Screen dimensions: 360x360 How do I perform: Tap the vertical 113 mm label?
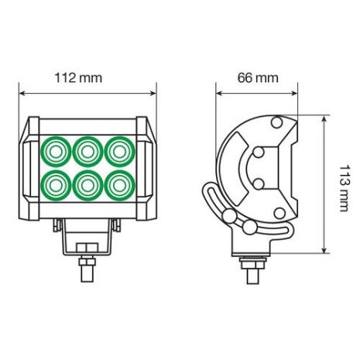tap(338, 184)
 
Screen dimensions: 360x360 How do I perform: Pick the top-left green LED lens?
tap(56, 151)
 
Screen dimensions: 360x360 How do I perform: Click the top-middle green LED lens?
tap(86, 151)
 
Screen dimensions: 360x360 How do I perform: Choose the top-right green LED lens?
tap(116, 151)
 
